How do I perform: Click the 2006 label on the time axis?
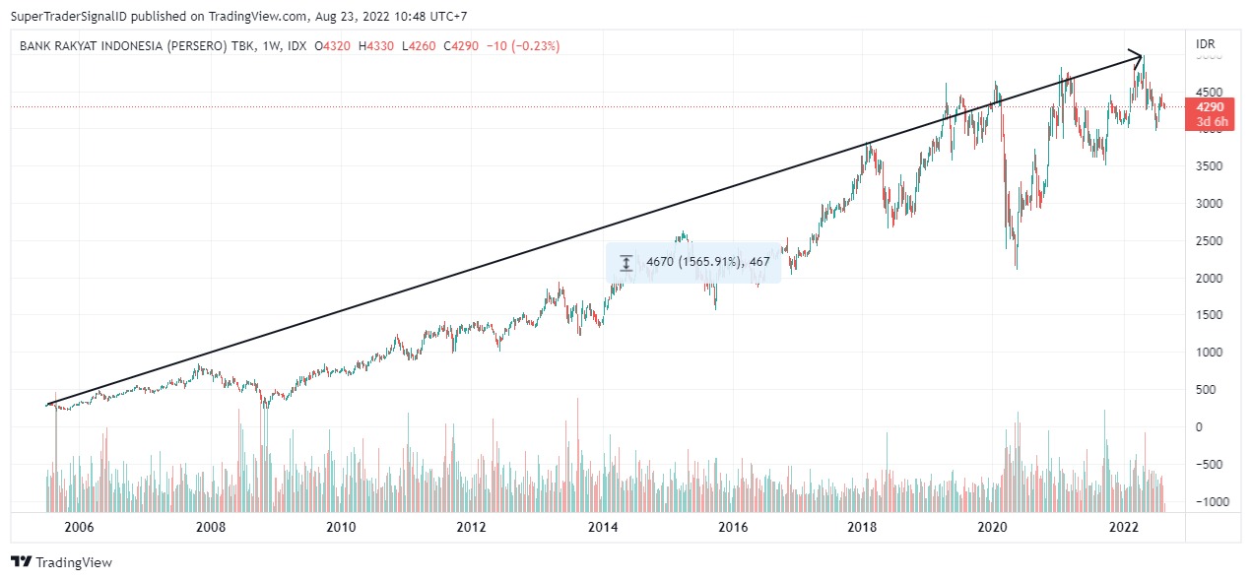(79, 527)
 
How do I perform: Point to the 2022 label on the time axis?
(1125, 527)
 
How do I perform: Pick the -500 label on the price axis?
(1210, 465)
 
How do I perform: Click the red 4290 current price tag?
(1210, 107)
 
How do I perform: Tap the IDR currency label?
(1205, 44)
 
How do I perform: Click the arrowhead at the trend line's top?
(1138, 56)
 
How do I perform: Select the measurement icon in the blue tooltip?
(626, 263)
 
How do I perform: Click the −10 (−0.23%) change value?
(525, 46)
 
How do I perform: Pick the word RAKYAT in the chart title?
(87, 46)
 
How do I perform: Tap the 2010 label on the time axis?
(341, 527)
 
